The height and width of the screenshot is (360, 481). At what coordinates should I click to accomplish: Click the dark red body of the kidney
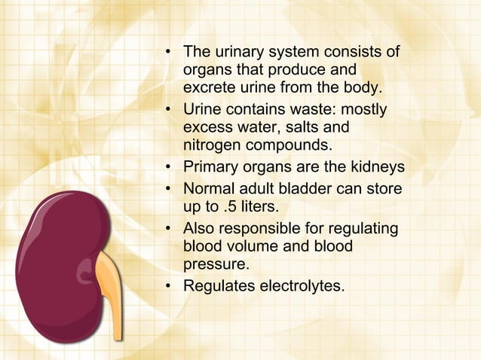[x=53, y=264]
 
